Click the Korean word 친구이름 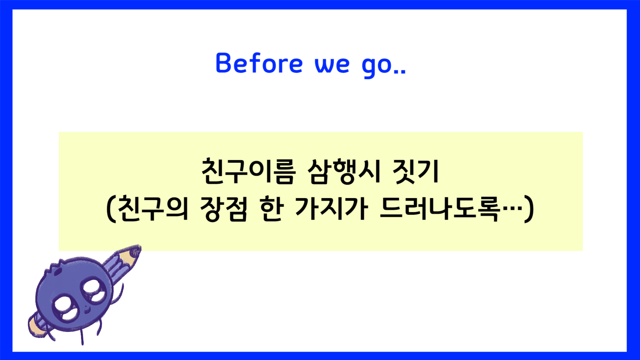point(248,171)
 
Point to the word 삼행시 point(344,171)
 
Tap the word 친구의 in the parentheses point(153,209)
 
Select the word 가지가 point(332,209)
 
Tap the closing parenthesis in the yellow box point(529,209)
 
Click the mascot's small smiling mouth point(87,310)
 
